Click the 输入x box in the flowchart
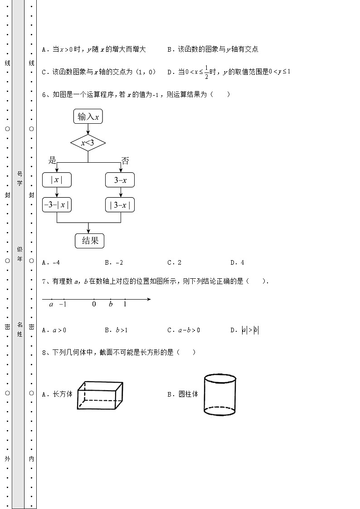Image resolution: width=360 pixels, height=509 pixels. [x=88, y=116]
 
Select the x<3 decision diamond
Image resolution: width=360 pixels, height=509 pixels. [x=88, y=144]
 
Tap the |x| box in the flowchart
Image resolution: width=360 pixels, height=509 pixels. [x=57, y=180]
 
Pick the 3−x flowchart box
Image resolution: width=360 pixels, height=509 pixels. [x=120, y=180]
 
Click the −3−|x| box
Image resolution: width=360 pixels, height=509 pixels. [x=57, y=205]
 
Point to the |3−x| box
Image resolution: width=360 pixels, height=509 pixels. [x=120, y=205]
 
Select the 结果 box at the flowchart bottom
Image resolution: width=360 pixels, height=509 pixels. [x=89, y=241]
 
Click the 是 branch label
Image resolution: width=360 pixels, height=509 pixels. [x=52, y=160]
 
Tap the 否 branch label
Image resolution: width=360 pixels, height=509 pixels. [x=125, y=160]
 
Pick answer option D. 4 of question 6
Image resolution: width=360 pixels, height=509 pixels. [x=237, y=262]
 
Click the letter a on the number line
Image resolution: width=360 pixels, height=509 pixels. [x=51, y=304]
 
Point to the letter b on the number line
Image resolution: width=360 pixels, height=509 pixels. [x=111, y=304]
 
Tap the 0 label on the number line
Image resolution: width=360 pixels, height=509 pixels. [x=94, y=304]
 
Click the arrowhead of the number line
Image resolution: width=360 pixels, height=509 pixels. [x=149, y=299]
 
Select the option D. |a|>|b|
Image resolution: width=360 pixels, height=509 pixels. [x=245, y=330]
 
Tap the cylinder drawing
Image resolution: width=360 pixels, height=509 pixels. [x=219, y=394]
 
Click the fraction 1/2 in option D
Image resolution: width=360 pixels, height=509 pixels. [x=206, y=72]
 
